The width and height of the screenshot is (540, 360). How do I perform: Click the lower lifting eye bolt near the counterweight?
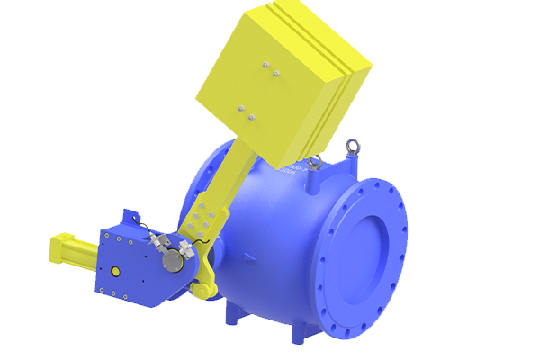pyautogui.click(x=316, y=162)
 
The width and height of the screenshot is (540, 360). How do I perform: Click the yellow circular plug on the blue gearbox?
pyautogui.click(x=114, y=271)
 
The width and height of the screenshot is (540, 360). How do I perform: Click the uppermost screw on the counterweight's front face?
pyautogui.click(x=265, y=64)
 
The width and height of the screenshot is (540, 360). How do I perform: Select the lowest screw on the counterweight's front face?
pyautogui.click(x=251, y=117)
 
